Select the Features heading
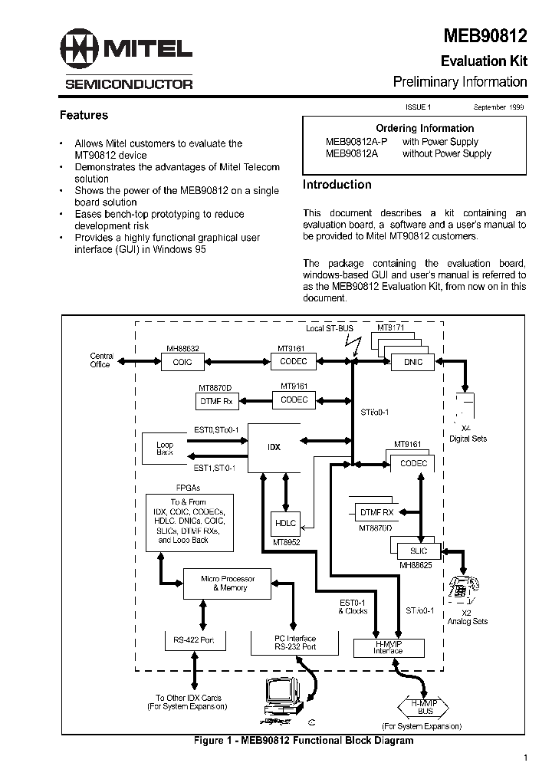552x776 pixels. pyautogui.click(x=84, y=116)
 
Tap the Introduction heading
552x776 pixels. pyautogui.click(x=337, y=185)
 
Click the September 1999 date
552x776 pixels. pyautogui.click(x=498, y=108)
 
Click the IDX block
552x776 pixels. pyautogui.click(x=272, y=447)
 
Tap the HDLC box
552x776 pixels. pyautogui.click(x=284, y=523)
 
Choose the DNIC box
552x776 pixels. pyautogui.click(x=412, y=362)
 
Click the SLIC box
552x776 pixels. pyautogui.click(x=418, y=551)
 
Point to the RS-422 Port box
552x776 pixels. pyautogui.click(x=192, y=640)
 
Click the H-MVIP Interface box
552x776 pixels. pyautogui.click(x=387, y=647)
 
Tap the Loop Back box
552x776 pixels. pyautogui.click(x=165, y=449)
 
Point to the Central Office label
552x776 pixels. pyautogui.click(x=101, y=360)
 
